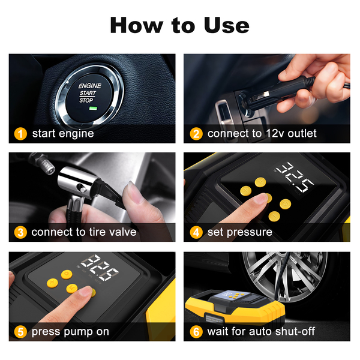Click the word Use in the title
(x=226, y=25)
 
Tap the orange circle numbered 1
(x=20, y=134)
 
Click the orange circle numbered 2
(x=196, y=134)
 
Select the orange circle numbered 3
(x=20, y=232)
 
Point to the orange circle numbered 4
(x=196, y=232)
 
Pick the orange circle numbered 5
(x=20, y=332)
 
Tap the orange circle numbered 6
(x=196, y=332)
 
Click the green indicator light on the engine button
(x=93, y=109)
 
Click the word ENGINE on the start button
(x=90, y=86)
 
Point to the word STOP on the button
(x=86, y=100)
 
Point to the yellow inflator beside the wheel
(x=235, y=307)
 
